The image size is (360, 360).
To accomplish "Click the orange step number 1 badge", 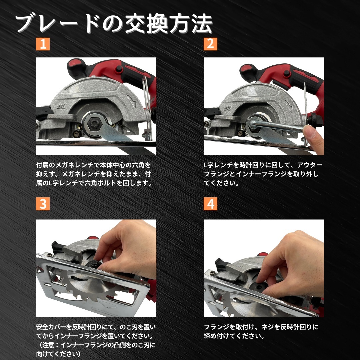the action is [43, 44].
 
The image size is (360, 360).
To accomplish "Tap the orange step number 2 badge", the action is [210, 44].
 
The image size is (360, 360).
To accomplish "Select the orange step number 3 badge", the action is [43, 204].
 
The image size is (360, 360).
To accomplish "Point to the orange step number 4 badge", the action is [210, 204].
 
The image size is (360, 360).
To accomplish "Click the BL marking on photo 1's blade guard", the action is [61, 106].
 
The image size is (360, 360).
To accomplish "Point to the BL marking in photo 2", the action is [228, 108].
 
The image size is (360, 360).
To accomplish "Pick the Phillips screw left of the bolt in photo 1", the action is [76, 133].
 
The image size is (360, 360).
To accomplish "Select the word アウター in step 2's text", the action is [310, 165].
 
